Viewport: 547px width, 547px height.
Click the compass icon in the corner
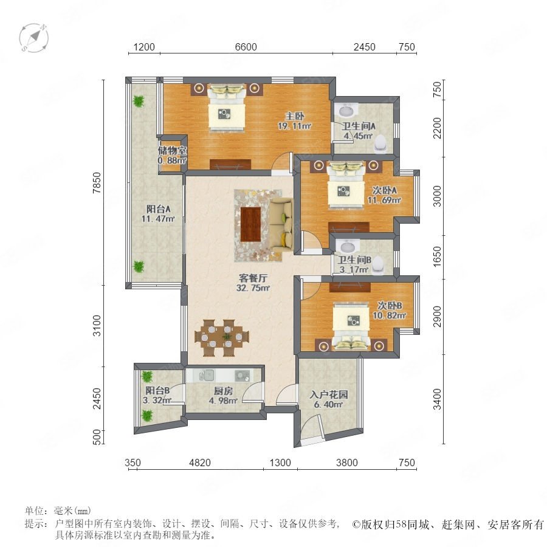pyautogui.click(x=34, y=38)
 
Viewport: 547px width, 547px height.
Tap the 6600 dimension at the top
pyautogui.click(x=246, y=47)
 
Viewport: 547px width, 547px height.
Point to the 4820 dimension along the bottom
pyautogui.click(x=200, y=463)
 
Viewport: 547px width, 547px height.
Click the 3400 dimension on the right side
pyautogui.click(x=437, y=399)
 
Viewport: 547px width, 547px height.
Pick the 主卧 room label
pyautogui.click(x=294, y=116)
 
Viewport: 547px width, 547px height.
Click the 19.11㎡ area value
pyautogui.click(x=294, y=126)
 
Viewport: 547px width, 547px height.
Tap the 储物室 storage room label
pyautogui.click(x=173, y=151)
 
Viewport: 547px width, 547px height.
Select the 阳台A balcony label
pyautogui.click(x=158, y=209)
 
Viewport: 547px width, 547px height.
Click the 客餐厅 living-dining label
pyautogui.click(x=253, y=278)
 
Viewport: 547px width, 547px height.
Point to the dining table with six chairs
pyautogui.click(x=222, y=338)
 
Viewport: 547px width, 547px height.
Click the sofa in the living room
pyautogui.click(x=282, y=224)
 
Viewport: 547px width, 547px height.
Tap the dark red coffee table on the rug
pyautogui.click(x=251, y=224)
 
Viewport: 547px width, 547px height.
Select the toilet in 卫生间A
pyautogui.click(x=380, y=144)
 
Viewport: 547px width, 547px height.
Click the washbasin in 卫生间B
pyautogui.click(x=348, y=246)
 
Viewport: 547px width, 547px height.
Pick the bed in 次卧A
pyautogui.click(x=346, y=185)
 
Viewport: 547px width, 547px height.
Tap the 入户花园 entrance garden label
pyautogui.click(x=329, y=394)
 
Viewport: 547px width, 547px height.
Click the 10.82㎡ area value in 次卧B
pyautogui.click(x=390, y=315)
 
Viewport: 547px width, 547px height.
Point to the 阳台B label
pyautogui.click(x=157, y=390)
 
